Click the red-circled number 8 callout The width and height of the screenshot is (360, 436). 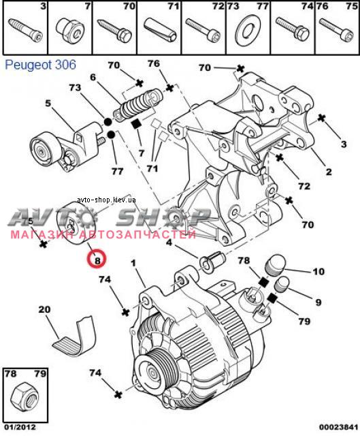97,258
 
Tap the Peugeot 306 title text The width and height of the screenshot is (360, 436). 40,65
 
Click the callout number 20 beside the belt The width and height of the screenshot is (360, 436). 44,309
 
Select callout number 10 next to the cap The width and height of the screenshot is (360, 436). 318,271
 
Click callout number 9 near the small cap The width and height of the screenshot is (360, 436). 318,302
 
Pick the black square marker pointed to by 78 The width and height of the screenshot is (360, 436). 263,282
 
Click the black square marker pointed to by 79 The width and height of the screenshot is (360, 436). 272,298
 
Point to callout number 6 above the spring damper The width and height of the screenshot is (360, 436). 93,77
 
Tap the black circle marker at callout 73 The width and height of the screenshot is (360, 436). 108,121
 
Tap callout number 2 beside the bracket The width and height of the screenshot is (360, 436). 329,172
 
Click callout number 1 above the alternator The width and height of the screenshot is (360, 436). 133,263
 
